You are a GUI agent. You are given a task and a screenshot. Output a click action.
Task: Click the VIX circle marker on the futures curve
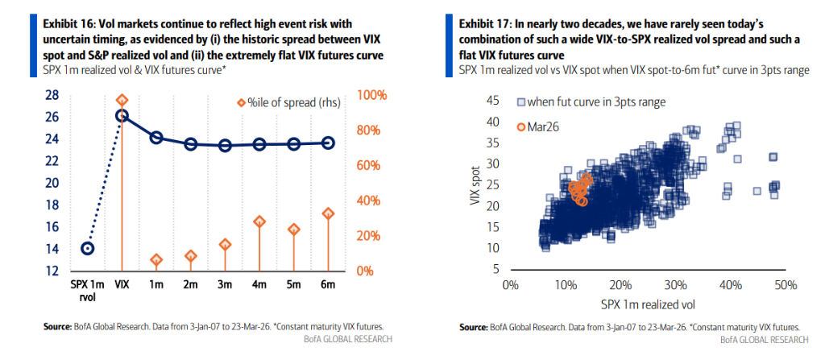(x=122, y=115)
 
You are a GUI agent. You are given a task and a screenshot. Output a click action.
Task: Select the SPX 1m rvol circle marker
(x=88, y=248)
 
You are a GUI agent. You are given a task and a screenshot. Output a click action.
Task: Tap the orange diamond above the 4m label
(x=259, y=221)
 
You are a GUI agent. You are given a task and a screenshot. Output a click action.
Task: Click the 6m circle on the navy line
(x=328, y=143)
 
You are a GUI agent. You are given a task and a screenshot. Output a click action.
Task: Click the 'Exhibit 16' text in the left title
(x=68, y=25)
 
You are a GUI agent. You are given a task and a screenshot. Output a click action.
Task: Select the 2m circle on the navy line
(x=191, y=143)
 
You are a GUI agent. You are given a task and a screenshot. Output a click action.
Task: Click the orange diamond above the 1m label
(x=156, y=260)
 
